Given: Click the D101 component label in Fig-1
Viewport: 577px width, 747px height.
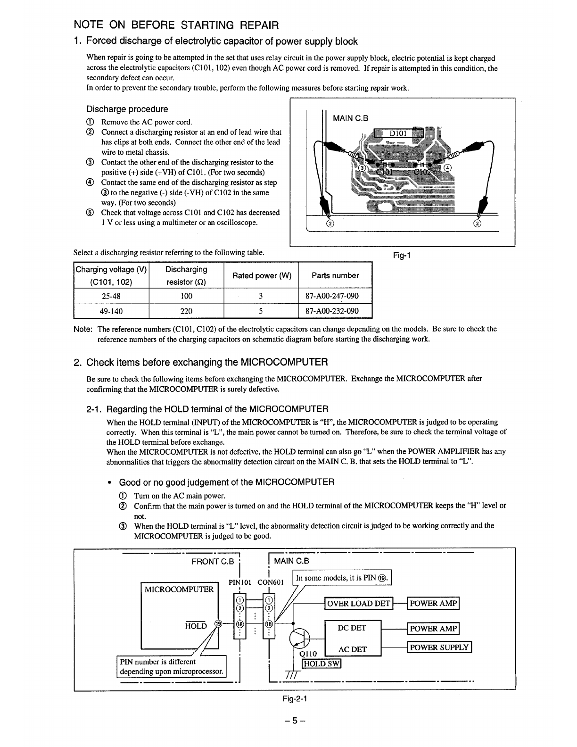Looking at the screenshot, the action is coord(398,133).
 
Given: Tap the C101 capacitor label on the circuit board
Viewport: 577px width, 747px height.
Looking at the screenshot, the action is coord(384,172).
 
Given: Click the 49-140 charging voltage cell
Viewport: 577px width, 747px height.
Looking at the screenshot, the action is coord(111,311).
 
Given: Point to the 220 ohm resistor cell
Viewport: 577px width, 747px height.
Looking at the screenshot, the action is coord(186,311).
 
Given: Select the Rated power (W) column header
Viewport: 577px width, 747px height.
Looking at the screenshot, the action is coord(261,275).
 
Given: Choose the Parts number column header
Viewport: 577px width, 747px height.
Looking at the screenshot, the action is coord(335,275).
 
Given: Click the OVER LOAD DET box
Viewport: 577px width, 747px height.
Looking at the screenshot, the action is coord(358,603).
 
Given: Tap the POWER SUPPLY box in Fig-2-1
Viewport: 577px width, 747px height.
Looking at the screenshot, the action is coord(439,647).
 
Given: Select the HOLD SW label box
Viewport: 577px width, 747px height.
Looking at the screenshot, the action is coord(321,664).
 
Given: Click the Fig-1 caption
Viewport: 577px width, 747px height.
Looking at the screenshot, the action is coord(402,256).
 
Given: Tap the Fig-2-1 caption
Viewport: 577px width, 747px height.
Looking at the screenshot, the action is coord(295,698).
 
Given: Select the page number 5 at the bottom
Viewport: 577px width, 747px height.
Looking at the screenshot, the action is coord(295,721).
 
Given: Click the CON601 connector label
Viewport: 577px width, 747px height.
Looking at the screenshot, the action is coord(271,582).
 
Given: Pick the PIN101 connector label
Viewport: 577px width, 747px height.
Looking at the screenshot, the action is coord(240,582).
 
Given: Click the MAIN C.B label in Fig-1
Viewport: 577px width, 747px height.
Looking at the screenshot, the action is coord(350,118).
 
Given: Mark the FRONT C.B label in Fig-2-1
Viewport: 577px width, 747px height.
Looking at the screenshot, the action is coord(213,561).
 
